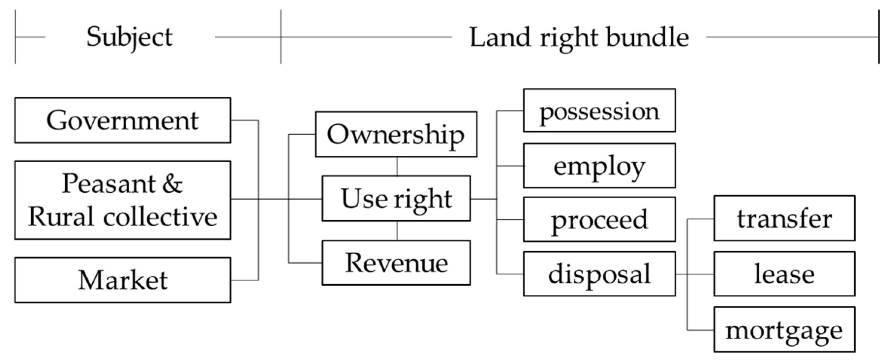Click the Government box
[122, 120]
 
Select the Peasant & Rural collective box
[122, 200]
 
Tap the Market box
[122, 280]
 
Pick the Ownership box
[396, 134]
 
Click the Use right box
[396, 198]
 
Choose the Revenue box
[396, 263]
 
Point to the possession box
[599, 110]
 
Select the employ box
[599, 165]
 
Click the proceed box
[599, 219]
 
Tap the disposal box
[599, 274]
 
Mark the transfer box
[784, 218]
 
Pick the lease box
[784, 274]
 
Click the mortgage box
[784, 330]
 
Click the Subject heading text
[129, 37]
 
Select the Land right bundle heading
[579, 37]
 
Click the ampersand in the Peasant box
[172, 184]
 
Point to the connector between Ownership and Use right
[397, 166]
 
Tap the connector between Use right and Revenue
[397, 231]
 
